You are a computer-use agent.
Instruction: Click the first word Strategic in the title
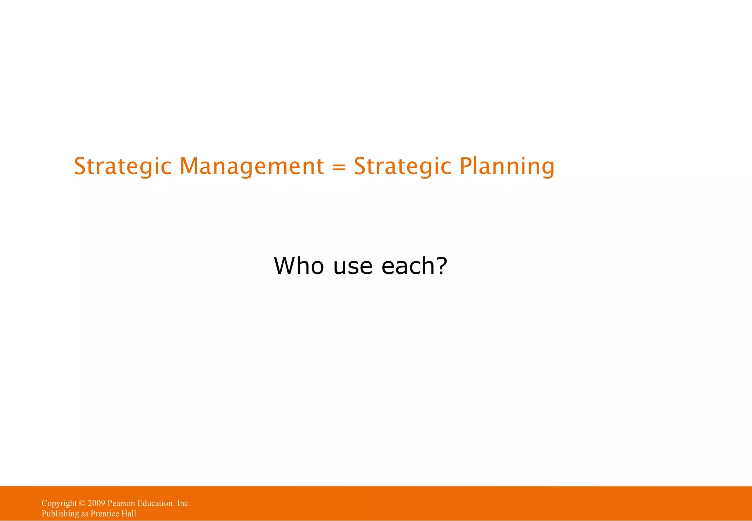pos(123,166)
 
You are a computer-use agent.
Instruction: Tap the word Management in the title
pos(252,166)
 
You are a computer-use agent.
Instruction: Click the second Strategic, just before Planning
pos(402,166)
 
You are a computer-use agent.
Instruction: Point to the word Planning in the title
pos(507,166)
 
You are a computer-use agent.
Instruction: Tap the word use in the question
pos(352,267)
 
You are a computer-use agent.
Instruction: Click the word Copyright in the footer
pos(59,503)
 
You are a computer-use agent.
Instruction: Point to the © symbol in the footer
pos(82,503)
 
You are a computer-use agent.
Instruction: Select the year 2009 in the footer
pos(96,503)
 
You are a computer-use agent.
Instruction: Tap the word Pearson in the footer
pos(121,503)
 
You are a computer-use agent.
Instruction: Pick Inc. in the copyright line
pos(183,503)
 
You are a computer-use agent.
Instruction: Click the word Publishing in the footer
pos(60,514)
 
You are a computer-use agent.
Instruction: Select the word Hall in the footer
pos(129,514)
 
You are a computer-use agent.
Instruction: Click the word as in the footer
pos(85,514)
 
